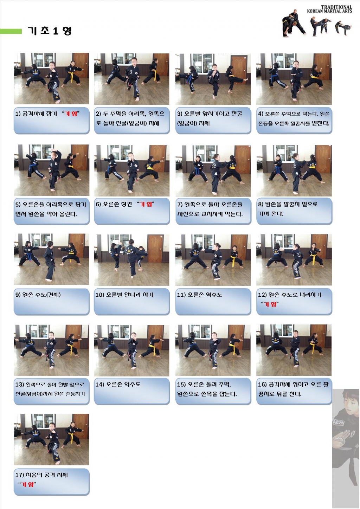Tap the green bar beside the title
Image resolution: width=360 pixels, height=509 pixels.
(x=11, y=31)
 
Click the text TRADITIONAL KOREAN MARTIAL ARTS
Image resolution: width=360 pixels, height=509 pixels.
(x=329, y=9)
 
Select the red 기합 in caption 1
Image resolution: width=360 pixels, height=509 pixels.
(x=71, y=114)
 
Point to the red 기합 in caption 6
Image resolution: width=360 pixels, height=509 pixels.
(x=146, y=204)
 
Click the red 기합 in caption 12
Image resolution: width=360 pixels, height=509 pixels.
(x=270, y=304)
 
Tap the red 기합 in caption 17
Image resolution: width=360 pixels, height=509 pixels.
(x=27, y=484)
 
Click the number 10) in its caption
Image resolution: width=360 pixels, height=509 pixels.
(x=100, y=295)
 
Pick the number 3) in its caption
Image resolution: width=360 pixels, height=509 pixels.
(x=180, y=114)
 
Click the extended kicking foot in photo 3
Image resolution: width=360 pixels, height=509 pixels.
(x=245, y=80)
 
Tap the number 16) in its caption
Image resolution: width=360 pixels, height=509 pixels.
(x=262, y=385)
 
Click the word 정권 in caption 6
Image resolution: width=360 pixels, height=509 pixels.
(x=127, y=204)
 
